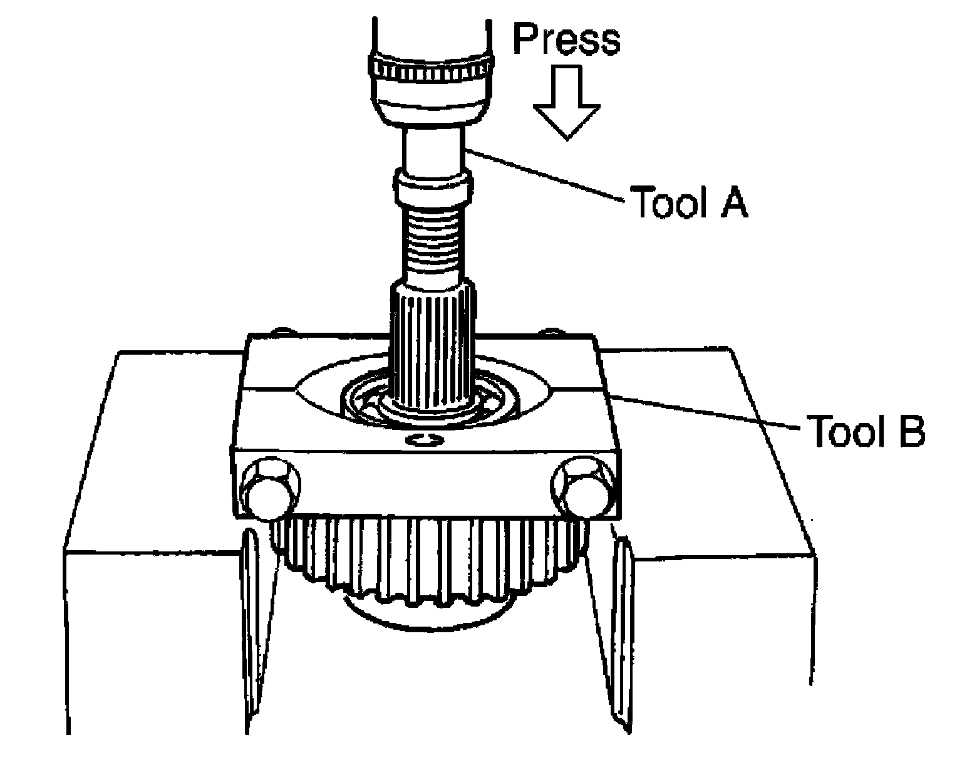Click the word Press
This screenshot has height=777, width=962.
point(566,39)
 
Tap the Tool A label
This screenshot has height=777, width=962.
point(688,202)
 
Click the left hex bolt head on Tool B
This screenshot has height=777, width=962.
point(270,490)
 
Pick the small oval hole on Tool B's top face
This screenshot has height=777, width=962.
point(425,439)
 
